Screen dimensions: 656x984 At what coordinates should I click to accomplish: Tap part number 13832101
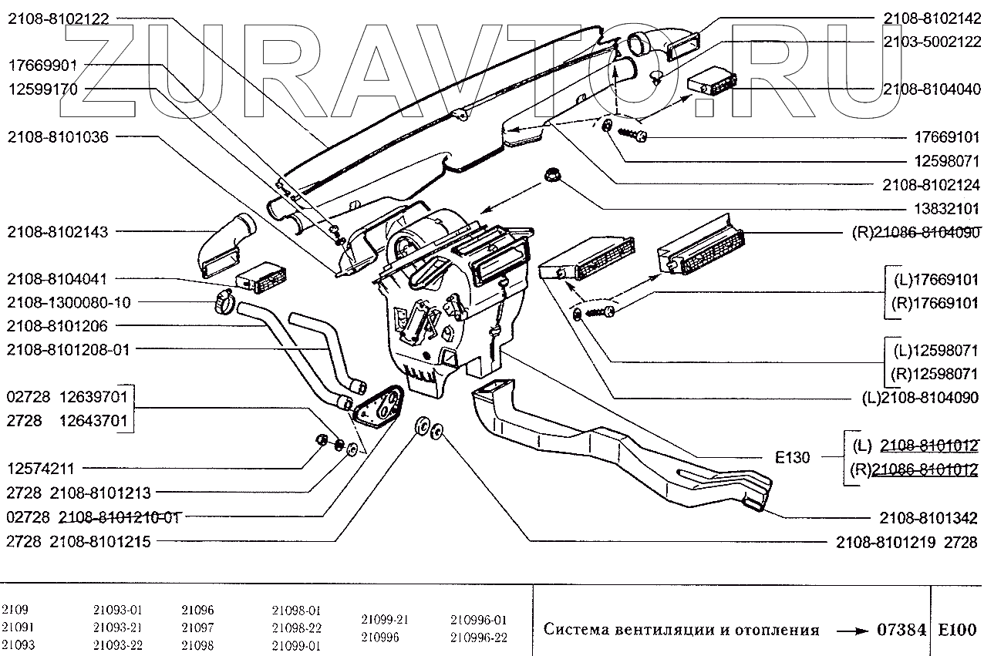tap(940, 209)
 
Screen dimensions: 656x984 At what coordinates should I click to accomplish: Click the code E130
tap(792, 458)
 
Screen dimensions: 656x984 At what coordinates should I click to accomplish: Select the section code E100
tap(957, 630)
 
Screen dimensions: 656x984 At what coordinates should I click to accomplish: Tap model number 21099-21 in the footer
tap(384, 620)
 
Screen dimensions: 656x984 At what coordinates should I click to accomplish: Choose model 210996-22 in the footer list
tap(478, 637)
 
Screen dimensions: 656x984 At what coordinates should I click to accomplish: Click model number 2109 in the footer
tap(15, 608)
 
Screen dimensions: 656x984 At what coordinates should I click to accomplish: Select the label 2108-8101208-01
tap(69, 349)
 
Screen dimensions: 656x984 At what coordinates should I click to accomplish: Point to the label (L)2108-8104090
tap(920, 399)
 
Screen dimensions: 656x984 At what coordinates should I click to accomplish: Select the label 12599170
tap(43, 89)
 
